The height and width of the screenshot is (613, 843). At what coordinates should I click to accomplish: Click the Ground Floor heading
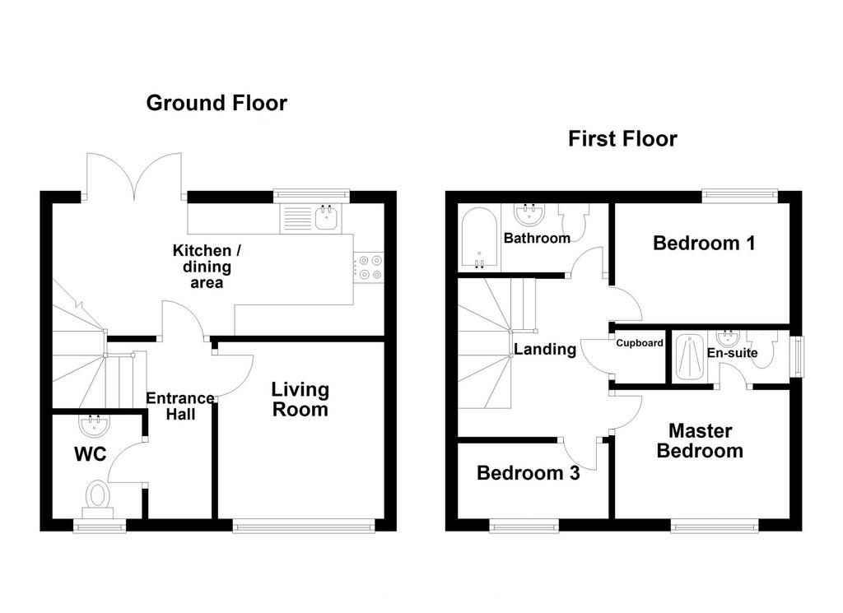(x=217, y=103)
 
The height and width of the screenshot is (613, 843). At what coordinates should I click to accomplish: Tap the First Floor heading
(x=622, y=138)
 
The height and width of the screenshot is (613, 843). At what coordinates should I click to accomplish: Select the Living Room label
(x=300, y=399)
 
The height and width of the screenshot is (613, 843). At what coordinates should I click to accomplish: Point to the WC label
(x=91, y=454)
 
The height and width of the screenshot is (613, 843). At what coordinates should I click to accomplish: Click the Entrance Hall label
(x=180, y=406)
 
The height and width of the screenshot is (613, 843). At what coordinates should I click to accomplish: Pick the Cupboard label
(x=640, y=343)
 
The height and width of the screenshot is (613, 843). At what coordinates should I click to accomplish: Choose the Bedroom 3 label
(x=529, y=473)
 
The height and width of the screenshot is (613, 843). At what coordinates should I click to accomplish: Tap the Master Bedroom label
(x=700, y=440)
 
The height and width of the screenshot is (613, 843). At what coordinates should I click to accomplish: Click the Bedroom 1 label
(x=705, y=243)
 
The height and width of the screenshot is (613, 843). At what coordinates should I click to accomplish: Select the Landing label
(x=545, y=349)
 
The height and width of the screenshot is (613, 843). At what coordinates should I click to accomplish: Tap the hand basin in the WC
(x=95, y=425)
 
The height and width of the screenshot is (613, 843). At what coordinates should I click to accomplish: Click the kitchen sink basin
(x=328, y=218)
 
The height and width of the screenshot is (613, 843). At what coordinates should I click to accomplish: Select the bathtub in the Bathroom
(x=479, y=239)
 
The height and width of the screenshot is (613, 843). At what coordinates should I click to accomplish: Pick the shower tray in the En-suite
(x=689, y=357)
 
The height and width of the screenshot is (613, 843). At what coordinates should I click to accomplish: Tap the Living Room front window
(x=304, y=526)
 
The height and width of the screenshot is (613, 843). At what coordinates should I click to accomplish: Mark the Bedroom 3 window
(x=524, y=526)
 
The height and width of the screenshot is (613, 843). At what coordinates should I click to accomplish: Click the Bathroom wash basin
(x=529, y=213)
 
